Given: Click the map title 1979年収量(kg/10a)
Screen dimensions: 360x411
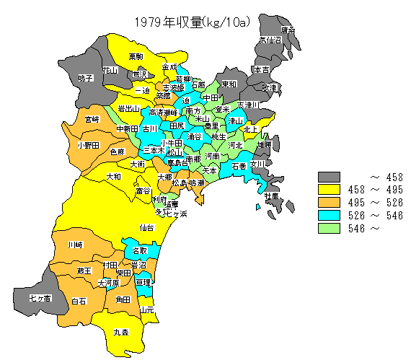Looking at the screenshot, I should coord(191,22).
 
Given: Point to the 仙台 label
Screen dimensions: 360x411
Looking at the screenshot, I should coord(146,227).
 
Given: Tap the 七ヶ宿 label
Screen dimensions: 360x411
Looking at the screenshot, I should coord(40,297).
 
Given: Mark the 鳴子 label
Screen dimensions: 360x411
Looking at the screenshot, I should coord(86,78).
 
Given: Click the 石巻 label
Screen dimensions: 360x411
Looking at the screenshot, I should coord(239,166).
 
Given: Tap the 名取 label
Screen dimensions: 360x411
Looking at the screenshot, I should coord(139,251).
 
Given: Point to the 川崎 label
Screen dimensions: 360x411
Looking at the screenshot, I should coord(75,245).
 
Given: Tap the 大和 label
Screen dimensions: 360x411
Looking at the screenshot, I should coord(114,176).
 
